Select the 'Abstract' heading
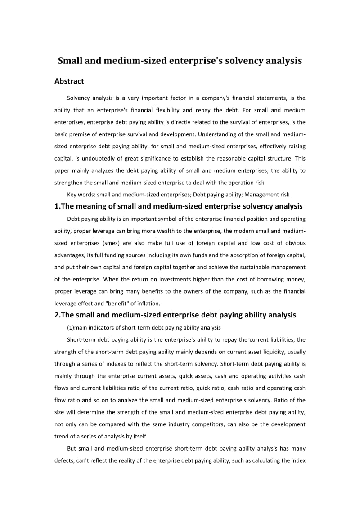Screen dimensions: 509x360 69,81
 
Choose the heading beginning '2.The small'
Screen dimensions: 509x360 175,315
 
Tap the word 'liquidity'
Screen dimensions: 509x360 259,352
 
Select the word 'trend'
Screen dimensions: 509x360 63,436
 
